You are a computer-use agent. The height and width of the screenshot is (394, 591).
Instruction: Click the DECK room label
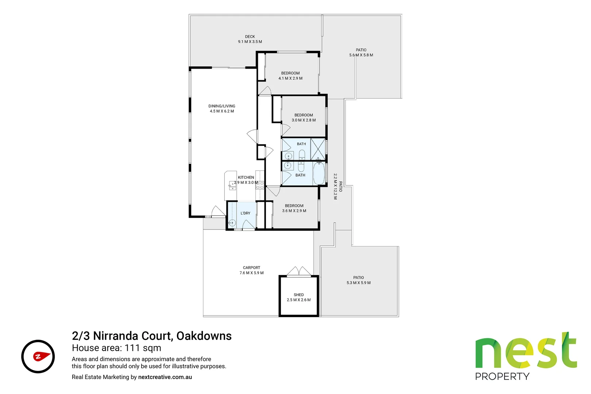coord(250,37)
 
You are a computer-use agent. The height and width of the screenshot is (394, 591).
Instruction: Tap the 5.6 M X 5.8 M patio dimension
coord(361,55)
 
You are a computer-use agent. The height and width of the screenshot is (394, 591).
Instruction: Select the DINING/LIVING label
coord(222,106)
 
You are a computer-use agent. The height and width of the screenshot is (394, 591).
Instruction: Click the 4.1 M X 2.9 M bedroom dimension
coord(290,78)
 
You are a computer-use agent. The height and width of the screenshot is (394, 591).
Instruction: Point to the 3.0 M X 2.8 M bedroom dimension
coord(304,120)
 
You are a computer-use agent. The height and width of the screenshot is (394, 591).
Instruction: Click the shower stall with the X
coord(318,149)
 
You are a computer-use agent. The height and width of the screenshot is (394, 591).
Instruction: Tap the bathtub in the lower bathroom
coord(319,174)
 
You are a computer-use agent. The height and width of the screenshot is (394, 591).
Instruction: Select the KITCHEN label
coord(246,177)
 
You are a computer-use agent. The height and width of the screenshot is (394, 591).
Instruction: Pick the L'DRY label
coord(246,213)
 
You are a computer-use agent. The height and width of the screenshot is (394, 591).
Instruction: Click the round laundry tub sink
coord(232,223)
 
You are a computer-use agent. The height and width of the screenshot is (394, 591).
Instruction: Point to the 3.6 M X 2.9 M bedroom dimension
coord(294,211)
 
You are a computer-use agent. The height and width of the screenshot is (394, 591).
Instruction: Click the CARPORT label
coord(251,268)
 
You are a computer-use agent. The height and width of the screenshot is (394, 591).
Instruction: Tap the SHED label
coord(299,295)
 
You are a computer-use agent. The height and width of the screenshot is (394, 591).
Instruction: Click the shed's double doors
coord(299,271)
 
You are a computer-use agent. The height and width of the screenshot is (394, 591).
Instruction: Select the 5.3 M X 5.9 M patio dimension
coord(358,283)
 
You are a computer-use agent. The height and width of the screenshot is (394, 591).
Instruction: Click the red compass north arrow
coord(42,356)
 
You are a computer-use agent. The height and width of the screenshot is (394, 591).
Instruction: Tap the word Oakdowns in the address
coord(204,336)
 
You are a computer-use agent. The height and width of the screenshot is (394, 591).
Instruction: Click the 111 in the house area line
coord(132,348)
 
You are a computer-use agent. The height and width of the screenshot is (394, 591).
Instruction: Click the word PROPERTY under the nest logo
coord(502,376)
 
